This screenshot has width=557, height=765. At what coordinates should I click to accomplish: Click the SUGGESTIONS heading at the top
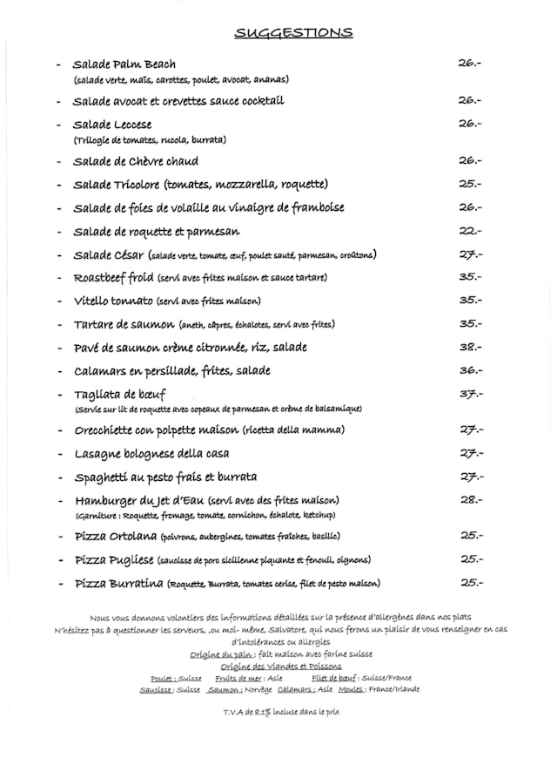click(x=293, y=33)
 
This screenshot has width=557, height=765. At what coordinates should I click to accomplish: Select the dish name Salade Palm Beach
click(x=124, y=64)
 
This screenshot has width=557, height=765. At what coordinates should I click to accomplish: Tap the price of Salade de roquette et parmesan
click(x=470, y=231)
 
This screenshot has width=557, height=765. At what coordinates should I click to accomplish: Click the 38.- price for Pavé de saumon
click(x=471, y=346)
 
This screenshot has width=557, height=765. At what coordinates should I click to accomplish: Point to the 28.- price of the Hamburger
click(x=471, y=499)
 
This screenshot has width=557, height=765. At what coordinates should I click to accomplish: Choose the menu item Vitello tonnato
click(x=113, y=301)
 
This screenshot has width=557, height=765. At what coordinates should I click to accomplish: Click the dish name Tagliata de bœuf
click(x=119, y=394)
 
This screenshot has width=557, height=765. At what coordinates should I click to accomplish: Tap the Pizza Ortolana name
click(x=115, y=536)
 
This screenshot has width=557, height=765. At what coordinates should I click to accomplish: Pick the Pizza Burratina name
click(x=119, y=583)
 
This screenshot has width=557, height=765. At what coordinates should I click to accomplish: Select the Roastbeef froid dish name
click(x=114, y=277)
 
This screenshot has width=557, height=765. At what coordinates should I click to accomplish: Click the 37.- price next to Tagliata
click(x=471, y=393)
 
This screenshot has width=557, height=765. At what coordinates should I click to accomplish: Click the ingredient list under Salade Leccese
click(x=150, y=139)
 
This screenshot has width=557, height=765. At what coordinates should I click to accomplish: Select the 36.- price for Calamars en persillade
click(x=471, y=369)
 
